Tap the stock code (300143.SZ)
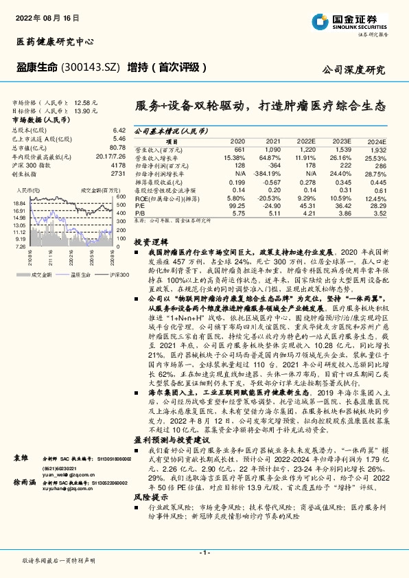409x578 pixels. tap(93, 67)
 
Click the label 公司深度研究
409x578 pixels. tap(353, 69)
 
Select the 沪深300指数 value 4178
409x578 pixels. tap(118, 165)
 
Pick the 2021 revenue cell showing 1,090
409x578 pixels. tap(273, 149)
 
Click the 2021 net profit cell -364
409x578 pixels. tap(273, 165)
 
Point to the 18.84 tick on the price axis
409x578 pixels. tap(19, 204)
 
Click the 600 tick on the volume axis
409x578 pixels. tap(121, 196)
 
